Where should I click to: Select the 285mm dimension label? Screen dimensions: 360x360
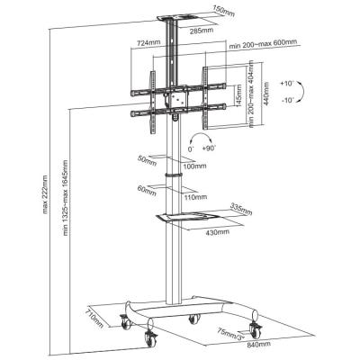202,31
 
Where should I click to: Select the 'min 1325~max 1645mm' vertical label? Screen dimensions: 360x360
65,207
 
